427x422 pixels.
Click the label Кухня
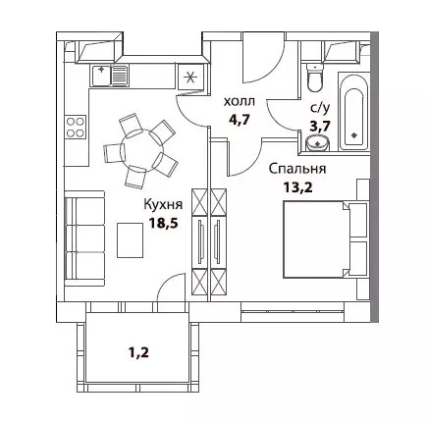[x=163, y=205]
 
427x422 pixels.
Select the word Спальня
[x=297, y=169]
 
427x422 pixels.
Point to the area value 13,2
[x=297, y=187]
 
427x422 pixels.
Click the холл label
[x=239, y=102]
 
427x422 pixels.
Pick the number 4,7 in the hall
[x=240, y=119]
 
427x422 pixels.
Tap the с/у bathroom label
[x=319, y=109]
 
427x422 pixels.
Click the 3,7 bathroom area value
[x=320, y=126]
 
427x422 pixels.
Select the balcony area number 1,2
[x=138, y=352]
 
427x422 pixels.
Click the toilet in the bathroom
[x=315, y=79]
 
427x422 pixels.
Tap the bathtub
[x=353, y=113]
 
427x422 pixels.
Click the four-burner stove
[x=76, y=128]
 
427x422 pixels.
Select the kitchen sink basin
[x=101, y=75]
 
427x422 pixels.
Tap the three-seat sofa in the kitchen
[x=84, y=238]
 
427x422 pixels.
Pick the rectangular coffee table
[x=131, y=240]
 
